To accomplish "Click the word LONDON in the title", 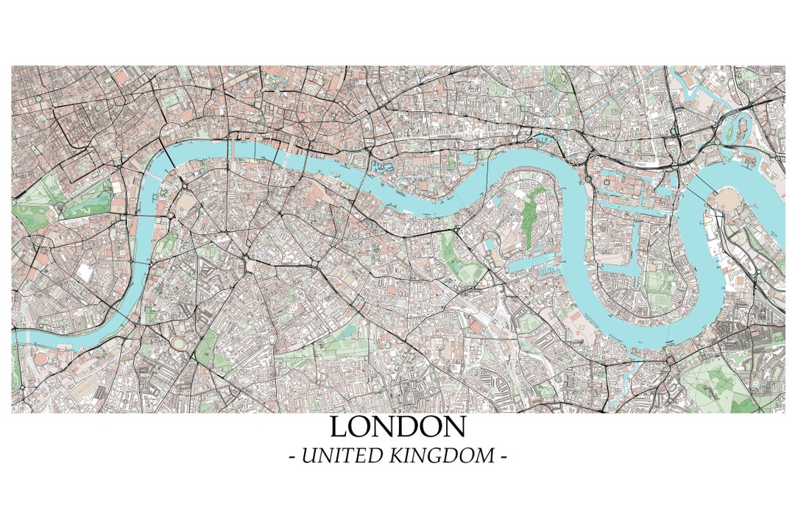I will coord(397,427).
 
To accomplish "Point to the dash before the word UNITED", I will coord(292,457).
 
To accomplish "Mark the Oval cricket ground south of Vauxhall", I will coord(179,343).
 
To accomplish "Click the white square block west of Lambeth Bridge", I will coord(86,272).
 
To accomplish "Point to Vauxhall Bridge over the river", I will coord(135,317).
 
